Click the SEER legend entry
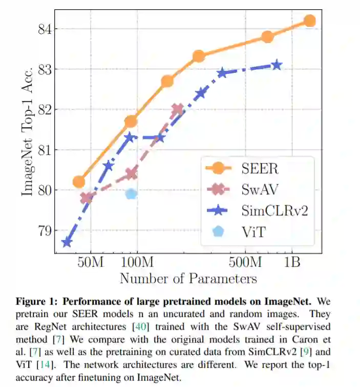point(241,169)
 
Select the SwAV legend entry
point(241,189)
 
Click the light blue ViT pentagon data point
point(131,194)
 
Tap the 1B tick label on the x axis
point(292,262)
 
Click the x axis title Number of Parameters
point(188,278)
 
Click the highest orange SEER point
point(309,21)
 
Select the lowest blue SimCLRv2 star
point(67,242)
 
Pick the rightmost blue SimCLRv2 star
point(277,65)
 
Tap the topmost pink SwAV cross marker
point(177,109)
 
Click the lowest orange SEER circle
point(79,181)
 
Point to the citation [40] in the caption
point(140,327)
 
